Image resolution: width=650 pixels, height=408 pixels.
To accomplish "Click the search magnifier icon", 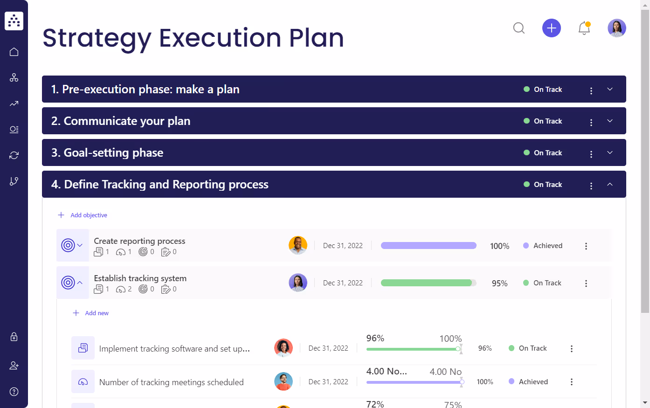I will [519, 28].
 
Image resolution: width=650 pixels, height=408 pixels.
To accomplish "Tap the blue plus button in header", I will [551, 28].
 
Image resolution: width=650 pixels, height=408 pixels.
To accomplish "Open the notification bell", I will [584, 28].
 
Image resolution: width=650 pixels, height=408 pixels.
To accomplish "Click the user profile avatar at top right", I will [616, 28].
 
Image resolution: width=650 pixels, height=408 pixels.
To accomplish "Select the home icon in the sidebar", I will [14, 52].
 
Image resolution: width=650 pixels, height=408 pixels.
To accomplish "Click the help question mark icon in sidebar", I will [14, 392].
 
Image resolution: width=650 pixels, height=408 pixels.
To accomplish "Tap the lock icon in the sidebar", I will [14, 337].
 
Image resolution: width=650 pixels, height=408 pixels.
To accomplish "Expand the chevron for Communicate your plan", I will [609, 121].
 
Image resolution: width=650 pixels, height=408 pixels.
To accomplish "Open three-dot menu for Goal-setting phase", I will [591, 154].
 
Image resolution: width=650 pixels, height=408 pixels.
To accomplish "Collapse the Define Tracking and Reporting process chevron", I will [609, 185].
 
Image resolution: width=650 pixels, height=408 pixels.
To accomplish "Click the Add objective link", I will [89, 215].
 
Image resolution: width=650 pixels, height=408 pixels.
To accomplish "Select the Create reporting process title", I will [139, 241].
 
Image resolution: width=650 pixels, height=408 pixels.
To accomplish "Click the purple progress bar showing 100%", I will [429, 246].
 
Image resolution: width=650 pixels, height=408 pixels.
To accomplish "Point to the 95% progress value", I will [499, 284].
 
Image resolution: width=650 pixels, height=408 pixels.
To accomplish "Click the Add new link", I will [97, 313].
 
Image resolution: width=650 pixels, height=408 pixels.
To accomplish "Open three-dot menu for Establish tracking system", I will [586, 284].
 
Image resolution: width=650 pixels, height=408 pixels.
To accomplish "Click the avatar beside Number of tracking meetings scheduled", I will [284, 381].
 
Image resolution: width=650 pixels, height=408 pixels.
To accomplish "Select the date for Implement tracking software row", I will [328, 348].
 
